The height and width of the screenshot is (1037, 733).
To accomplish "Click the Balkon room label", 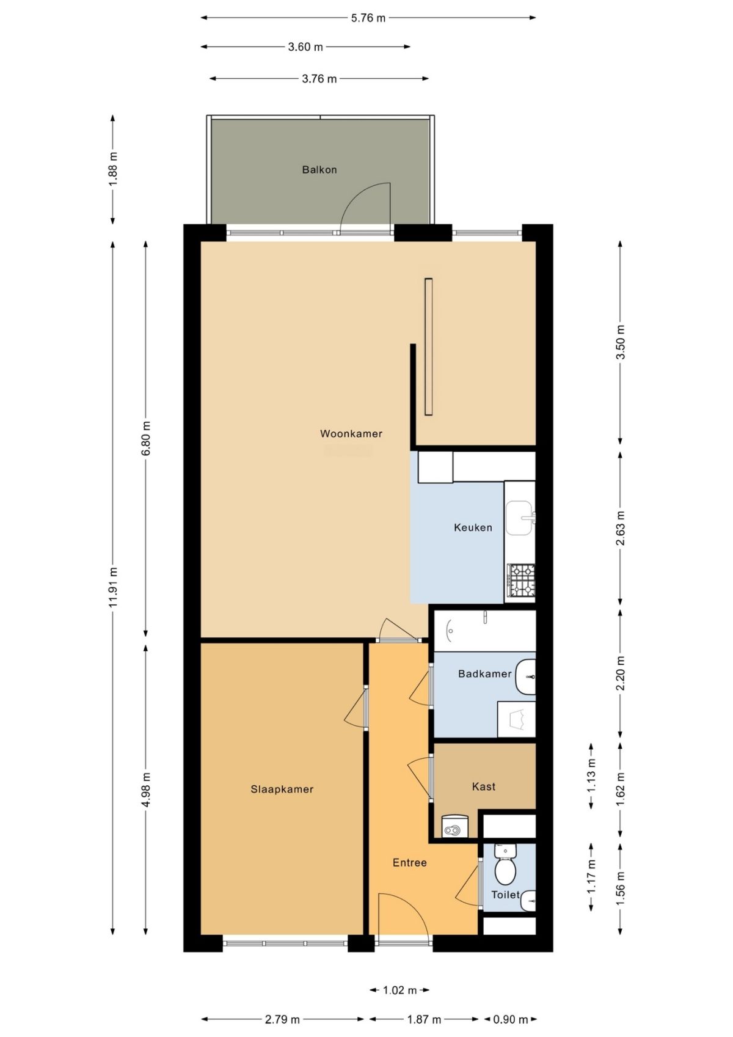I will (x=319, y=170).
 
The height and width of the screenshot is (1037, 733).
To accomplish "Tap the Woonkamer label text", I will (x=351, y=434).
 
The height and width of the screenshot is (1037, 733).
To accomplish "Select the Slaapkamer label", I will (x=282, y=790).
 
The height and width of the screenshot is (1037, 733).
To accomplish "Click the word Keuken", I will (x=473, y=527).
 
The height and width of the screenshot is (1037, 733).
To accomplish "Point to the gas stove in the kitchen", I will (x=521, y=580).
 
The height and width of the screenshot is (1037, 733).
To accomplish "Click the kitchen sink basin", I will (x=519, y=518).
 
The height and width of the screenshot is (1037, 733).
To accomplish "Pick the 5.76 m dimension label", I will (x=368, y=18).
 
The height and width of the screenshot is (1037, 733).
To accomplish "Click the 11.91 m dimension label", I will (x=113, y=587).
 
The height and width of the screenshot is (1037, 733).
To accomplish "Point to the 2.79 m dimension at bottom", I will (x=282, y=1019).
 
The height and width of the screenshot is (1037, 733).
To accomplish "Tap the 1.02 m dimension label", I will (x=399, y=990).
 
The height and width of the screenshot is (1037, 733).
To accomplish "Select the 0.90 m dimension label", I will (x=510, y=1019).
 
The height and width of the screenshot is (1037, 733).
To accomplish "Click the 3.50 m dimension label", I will (x=621, y=342).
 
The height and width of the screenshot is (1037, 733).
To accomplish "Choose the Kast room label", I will (x=483, y=787).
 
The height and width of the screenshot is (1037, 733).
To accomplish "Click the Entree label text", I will (x=409, y=863).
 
